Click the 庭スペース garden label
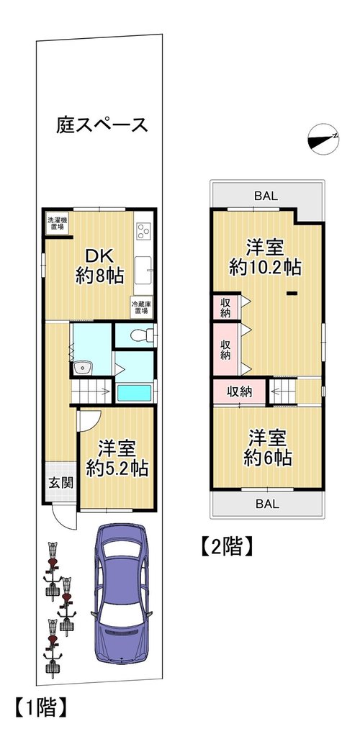pyautogui.click(x=102, y=125)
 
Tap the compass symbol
pyautogui.click(x=323, y=139)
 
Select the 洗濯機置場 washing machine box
pyautogui.click(x=57, y=223)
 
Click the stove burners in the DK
pyautogui.click(x=143, y=232)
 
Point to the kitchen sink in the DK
pyautogui.click(x=143, y=270)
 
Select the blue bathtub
pyautogui.click(x=135, y=393)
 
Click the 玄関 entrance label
pyautogui.click(x=60, y=482)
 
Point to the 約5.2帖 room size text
pyautogui.click(x=117, y=468)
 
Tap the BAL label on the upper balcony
pyautogui.click(x=266, y=196)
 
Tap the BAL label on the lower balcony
pyautogui.click(x=267, y=504)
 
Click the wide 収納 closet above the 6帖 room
pyautogui.click(x=239, y=391)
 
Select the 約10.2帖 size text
pyautogui.click(x=266, y=267)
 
